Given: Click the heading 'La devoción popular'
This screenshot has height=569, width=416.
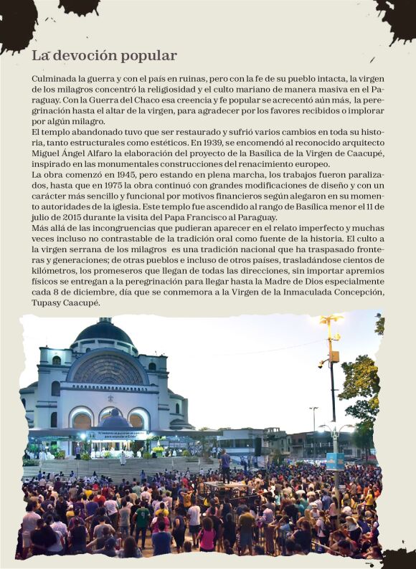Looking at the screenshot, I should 104,56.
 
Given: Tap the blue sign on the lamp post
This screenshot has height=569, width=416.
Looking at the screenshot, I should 335,460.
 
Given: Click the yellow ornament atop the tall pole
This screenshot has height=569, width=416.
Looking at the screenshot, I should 331,320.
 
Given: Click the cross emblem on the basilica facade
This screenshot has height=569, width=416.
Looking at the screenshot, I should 110,398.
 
